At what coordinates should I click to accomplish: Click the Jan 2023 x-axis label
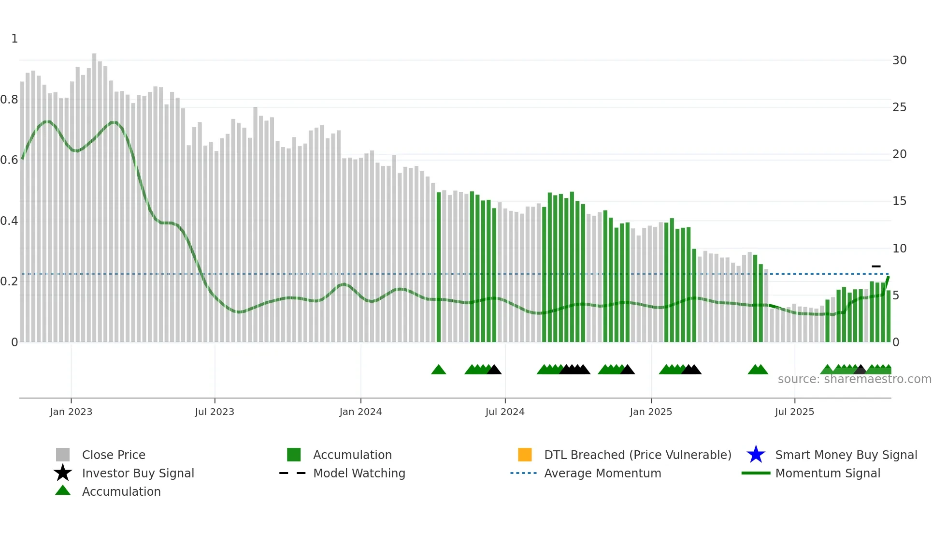pyautogui.click(x=71, y=412)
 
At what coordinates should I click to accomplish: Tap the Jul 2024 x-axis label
pyautogui.click(x=505, y=412)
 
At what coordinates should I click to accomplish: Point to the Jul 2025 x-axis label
pyautogui.click(x=794, y=412)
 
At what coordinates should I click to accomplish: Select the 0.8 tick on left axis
pyautogui.click(x=9, y=100)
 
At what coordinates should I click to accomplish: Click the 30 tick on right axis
pyautogui.click(x=899, y=60)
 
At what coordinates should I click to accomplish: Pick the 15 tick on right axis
pyautogui.click(x=899, y=201)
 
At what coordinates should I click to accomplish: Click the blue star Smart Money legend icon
pyautogui.click(x=756, y=455)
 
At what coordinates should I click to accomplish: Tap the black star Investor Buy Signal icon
pyautogui.click(x=63, y=473)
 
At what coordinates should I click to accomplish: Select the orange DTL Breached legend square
pyautogui.click(x=525, y=455)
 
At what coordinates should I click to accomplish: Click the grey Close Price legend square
pyautogui.click(x=63, y=455)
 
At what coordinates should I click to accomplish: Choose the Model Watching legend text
pyautogui.click(x=359, y=473)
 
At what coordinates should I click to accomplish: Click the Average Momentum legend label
pyautogui.click(x=603, y=473)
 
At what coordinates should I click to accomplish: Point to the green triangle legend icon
pyautogui.click(x=63, y=490)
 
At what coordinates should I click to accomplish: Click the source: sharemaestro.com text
pyautogui.click(x=854, y=379)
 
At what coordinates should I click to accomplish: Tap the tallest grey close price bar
pyautogui.click(x=94, y=193)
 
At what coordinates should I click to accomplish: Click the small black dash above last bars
pyautogui.click(x=876, y=266)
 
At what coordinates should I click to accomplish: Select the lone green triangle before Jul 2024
pyautogui.click(x=438, y=370)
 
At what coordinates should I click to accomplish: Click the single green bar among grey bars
pyautogui.click(x=439, y=266)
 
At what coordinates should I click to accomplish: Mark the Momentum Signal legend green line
pyautogui.click(x=756, y=473)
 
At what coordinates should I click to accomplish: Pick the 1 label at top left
pyautogui.click(x=14, y=39)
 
